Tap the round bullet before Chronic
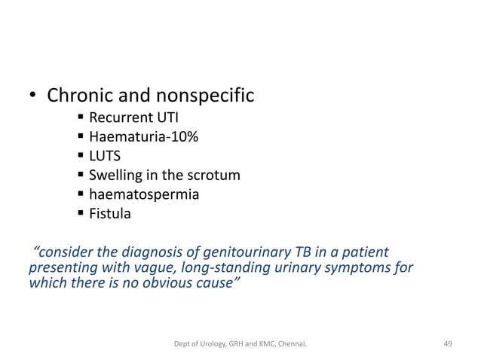pos(33,98)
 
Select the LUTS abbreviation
pos(106,157)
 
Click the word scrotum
pos(216,176)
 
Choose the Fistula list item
pos(110,215)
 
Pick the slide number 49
pos(448,343)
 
